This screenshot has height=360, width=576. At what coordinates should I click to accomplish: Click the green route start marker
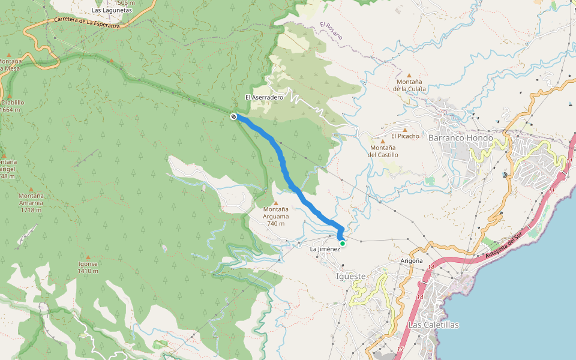[343, 243]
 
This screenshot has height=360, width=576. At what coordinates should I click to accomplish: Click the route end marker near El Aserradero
[233, 116]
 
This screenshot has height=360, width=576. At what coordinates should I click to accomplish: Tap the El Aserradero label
[264, 97]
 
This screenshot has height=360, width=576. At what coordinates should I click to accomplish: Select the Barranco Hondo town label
[460, 137]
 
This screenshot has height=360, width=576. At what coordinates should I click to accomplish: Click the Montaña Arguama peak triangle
[276, 203]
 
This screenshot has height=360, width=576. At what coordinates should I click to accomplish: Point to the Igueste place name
[352, 276]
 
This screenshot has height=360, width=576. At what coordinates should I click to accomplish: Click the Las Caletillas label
[433, 325]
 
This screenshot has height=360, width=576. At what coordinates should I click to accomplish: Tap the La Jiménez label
[325, 248]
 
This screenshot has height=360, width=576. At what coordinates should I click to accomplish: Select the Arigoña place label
[412, 262]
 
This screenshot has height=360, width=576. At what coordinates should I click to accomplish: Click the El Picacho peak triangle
[405, 129]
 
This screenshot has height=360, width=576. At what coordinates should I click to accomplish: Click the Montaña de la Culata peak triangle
[409, 74]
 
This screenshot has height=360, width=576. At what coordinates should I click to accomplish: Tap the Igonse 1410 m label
[88, 268]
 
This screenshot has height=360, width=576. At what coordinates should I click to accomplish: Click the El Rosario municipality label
[331, 31]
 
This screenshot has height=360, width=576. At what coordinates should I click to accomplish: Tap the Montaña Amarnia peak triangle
[31, 189]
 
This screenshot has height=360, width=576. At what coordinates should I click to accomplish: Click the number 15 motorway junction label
[399, 349]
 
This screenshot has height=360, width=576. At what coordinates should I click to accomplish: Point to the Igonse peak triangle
[88, 257]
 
